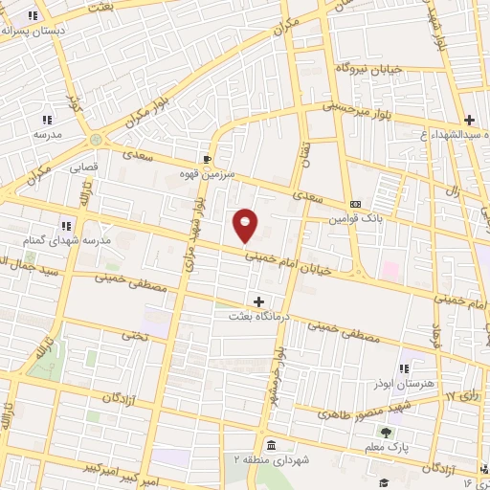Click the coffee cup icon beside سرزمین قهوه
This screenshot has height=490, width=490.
tap(207, 159)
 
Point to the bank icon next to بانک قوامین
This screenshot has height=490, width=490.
tap(355, 204)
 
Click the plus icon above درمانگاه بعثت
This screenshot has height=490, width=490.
tap(258, 301)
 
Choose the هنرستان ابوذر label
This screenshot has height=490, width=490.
tap(404, 383)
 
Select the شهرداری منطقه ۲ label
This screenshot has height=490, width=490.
tap(272, 460)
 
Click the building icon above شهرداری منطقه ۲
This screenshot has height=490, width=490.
tap(272, 446)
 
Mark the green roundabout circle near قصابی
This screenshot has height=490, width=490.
tap(96, 142)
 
